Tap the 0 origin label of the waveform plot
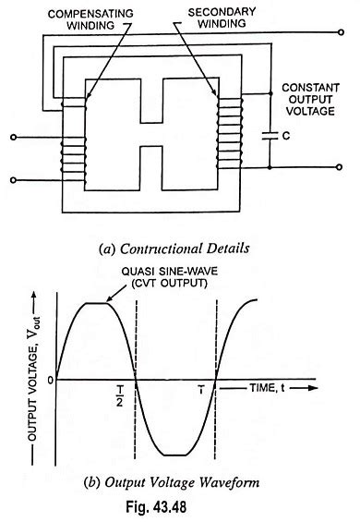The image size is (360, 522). click(36, 379)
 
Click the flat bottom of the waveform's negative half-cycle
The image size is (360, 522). click(175, 455)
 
